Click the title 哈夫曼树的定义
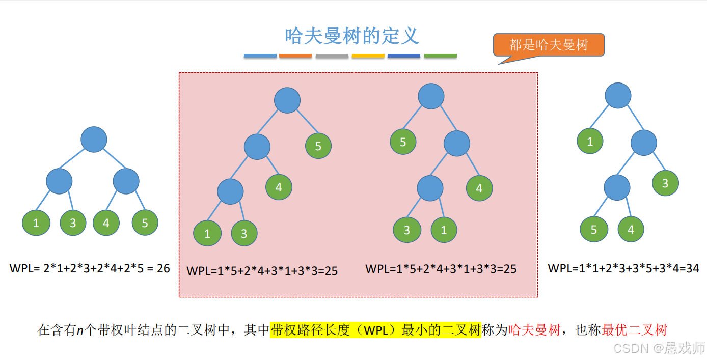352,36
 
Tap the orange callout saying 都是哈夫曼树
549,45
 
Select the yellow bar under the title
368,56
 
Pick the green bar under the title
440,56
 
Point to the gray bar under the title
332,56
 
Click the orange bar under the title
295,56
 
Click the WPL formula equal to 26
90,268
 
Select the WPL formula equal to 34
623,268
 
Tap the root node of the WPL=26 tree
94,140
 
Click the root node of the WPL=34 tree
618,96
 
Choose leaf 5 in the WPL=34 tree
594,229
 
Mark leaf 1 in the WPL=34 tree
590,141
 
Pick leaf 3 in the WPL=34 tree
665,183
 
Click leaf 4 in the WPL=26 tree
106,223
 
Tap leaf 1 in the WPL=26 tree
36,223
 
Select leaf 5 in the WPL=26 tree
145,223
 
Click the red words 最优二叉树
634,330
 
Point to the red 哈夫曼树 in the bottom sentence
534,330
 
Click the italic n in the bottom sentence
80,330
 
